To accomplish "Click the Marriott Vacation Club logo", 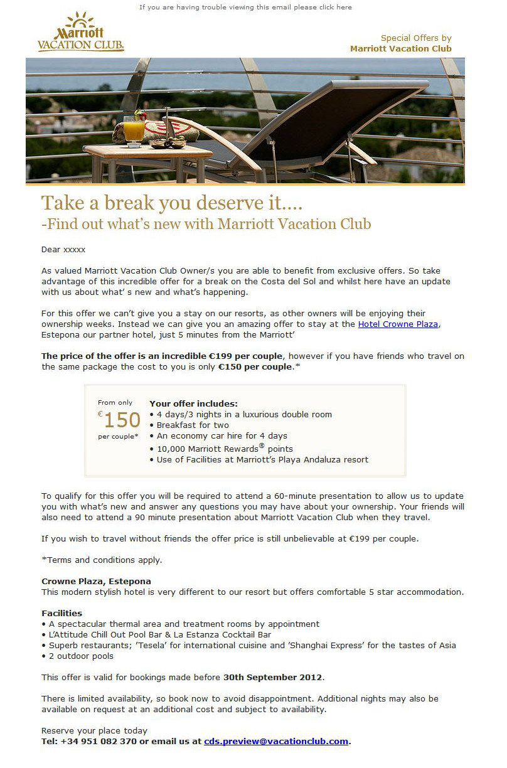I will click(x=80, y=32).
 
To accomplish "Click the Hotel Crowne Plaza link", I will click(x=398, y=324).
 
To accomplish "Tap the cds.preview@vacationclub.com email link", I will click(x=276, y=741).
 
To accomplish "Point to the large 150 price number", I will click(x=122, y=420).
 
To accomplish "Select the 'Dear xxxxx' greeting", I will click(x=63, y=249).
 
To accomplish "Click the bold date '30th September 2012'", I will click(x=272, y=677).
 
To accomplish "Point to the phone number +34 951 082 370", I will click(x=99, y=741).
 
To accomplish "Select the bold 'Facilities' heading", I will click(x=61, y=612).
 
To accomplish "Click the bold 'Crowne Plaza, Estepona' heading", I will click(x=96, y=581).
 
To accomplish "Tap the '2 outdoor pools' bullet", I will click(x=80, y=656).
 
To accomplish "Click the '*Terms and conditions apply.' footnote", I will click(x=101, y=560).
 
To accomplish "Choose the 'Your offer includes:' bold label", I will click(x=193, y=403).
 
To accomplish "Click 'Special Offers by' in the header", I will click(x=416, y=38).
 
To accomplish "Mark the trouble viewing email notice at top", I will click(x=245, y=8).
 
